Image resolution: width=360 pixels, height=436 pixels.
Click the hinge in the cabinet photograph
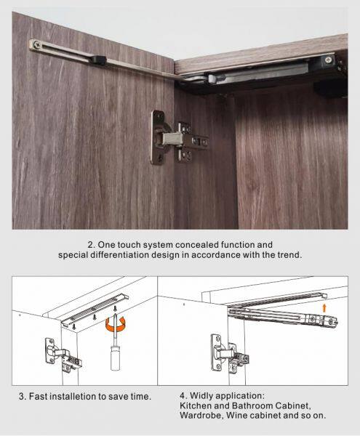pos(178,138)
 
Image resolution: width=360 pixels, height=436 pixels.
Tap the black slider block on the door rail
pos(99,60)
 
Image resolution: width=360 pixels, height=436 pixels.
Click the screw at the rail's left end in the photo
pos(36,44)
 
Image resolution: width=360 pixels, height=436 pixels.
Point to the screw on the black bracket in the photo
pos(329,60)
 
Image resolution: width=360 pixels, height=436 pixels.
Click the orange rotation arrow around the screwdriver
pos(115,325)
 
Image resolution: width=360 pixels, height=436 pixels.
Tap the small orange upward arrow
pos(324,308)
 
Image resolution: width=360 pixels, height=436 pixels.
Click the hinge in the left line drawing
pos(63,355)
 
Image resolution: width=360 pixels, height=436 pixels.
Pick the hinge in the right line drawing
pos(230,353)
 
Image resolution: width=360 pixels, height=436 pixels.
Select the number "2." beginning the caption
pos(92,245)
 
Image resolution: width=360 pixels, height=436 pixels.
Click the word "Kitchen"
pos(196,405)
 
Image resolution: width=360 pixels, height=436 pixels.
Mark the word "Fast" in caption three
pos(38,396)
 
